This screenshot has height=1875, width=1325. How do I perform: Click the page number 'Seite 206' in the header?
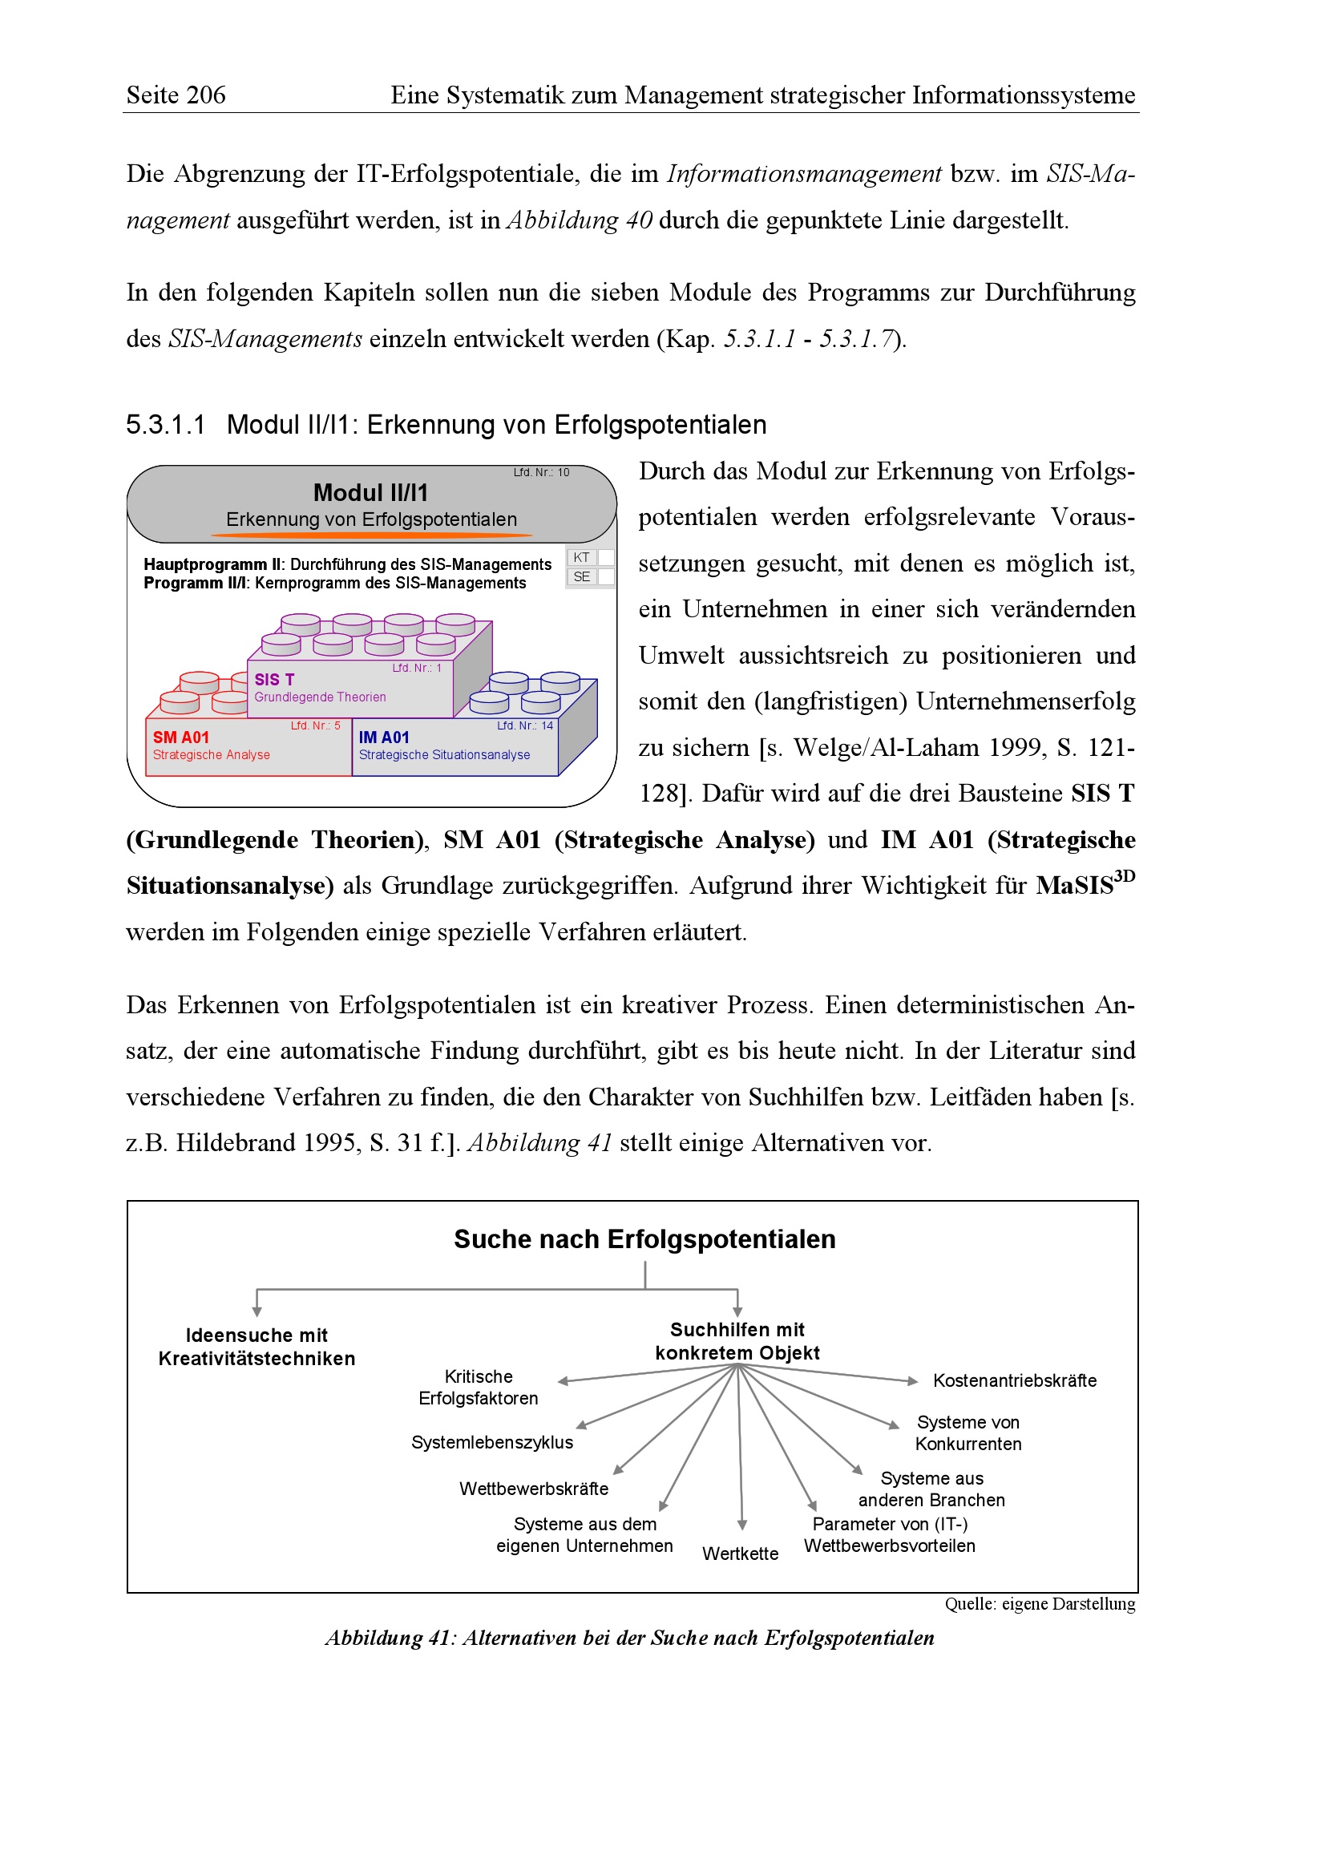[176, 95]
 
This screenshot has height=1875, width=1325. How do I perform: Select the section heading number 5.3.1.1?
[165, 425]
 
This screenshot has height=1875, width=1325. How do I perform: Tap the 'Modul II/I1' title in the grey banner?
[370, 492]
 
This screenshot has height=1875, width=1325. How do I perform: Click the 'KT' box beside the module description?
[581, 557]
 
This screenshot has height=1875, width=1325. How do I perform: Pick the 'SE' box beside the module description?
[581, 576]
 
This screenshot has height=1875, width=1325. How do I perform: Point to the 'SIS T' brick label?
[274, 680]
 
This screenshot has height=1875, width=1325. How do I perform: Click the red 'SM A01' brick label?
[180, 737]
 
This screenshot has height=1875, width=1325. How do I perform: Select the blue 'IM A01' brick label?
[384, 737]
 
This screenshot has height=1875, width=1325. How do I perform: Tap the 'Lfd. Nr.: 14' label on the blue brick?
[525, 725]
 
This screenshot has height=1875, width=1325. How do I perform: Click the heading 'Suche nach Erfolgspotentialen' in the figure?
[644, 1239]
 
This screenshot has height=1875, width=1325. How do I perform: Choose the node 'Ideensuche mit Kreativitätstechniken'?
[257, 1347]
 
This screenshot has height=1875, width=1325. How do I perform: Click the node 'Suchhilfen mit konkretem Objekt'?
[737, 1341]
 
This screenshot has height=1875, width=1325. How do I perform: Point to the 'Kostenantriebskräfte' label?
[1014, 1380]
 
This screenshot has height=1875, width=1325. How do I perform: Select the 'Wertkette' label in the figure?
[740, 1554]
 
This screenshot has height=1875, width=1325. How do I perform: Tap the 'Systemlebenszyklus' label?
[491, 1442]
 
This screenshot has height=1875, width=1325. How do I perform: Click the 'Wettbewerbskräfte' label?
[533, 1489]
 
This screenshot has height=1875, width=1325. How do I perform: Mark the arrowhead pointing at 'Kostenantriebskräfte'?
[913, 1381]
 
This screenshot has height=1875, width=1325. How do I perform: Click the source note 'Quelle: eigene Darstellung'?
[1040, 1604]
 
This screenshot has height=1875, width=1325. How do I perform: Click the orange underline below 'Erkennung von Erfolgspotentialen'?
[371, 535]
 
